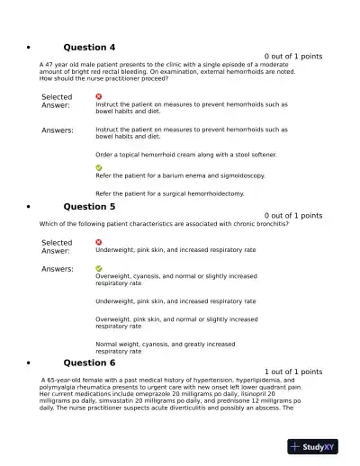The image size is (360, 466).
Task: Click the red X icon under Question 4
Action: (x=99, y=96)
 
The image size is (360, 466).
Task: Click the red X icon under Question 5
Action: (x=99, y=242)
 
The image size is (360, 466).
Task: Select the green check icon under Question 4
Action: (x=99, y=167)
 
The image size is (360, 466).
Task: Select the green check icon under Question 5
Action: (x=99, y=268)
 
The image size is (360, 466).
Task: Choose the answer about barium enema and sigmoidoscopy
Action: (x=180, y=176)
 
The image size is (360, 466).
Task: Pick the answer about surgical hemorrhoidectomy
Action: (x=169, y=193)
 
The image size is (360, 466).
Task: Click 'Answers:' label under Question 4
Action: (x=58, y=130)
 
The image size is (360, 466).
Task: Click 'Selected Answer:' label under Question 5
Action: (x=57, y=246)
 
